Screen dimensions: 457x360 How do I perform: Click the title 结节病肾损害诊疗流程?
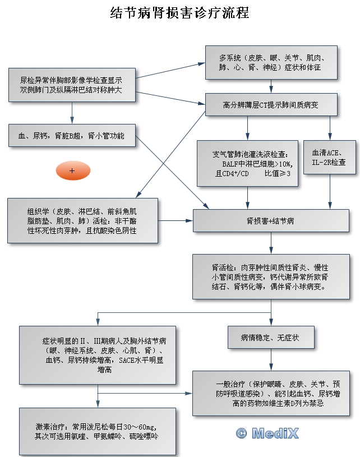[179, 12]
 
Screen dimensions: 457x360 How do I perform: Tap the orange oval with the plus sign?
[72, 170]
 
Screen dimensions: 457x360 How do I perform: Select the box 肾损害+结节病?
[270, 221]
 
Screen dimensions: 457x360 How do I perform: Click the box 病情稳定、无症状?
[270, 338]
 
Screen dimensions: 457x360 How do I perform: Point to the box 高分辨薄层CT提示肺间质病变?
[271, 104]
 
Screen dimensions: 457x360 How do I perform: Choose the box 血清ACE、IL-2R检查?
[329, 158]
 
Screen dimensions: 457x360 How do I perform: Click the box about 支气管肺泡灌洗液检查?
[247, 163]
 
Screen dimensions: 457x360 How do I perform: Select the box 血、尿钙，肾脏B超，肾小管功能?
[72, 136]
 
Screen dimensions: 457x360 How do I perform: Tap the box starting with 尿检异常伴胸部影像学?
[72, 85]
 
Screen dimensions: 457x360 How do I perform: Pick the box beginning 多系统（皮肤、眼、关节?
[271, 62]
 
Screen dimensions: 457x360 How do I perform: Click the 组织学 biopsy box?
[82, 221]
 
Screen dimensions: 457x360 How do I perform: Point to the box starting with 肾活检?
[270, 276]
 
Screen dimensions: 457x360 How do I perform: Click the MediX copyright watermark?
[267, 432]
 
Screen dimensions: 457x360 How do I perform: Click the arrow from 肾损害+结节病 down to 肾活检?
[270, 243]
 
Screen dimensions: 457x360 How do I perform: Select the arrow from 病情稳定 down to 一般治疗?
[270, 359]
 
